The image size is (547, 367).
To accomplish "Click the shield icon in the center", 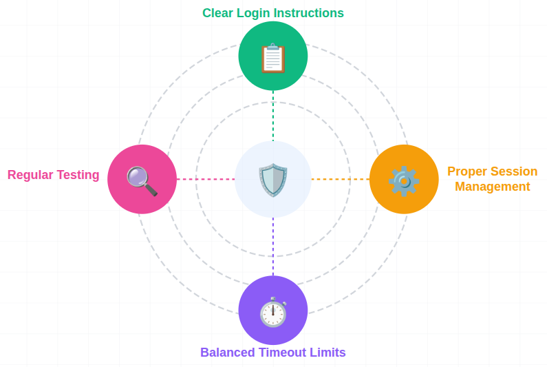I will point(273,180).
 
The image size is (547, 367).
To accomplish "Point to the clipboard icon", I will point(273,58).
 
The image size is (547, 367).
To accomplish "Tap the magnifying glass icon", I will point(142,181).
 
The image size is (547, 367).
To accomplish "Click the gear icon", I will point(404,180).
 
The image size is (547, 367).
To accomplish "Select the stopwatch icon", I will point(273,312).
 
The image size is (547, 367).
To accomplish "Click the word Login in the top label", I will point(253,13).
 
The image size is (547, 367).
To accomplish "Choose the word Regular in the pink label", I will point(30,175).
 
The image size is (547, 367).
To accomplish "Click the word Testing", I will point(78,175).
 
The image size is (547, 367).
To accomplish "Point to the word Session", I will point(513,171).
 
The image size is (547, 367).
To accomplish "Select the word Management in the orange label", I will point(492,187).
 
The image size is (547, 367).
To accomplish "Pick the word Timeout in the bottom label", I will point(282,353).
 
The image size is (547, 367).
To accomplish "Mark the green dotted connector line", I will point(273,115).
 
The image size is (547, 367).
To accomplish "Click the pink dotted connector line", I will point(205,179).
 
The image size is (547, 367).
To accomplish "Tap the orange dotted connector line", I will point(340,179).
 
